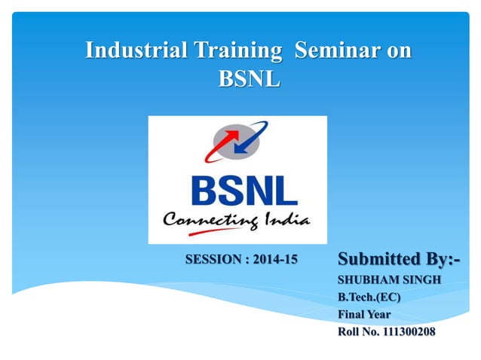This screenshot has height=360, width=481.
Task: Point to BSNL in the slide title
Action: [x=249, y=78]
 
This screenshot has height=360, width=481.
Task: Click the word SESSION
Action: [x=214, y=261]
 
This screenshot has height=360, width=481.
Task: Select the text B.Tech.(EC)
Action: [x=369, y=297]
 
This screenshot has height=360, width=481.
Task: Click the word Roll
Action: [x=349, y=331]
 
